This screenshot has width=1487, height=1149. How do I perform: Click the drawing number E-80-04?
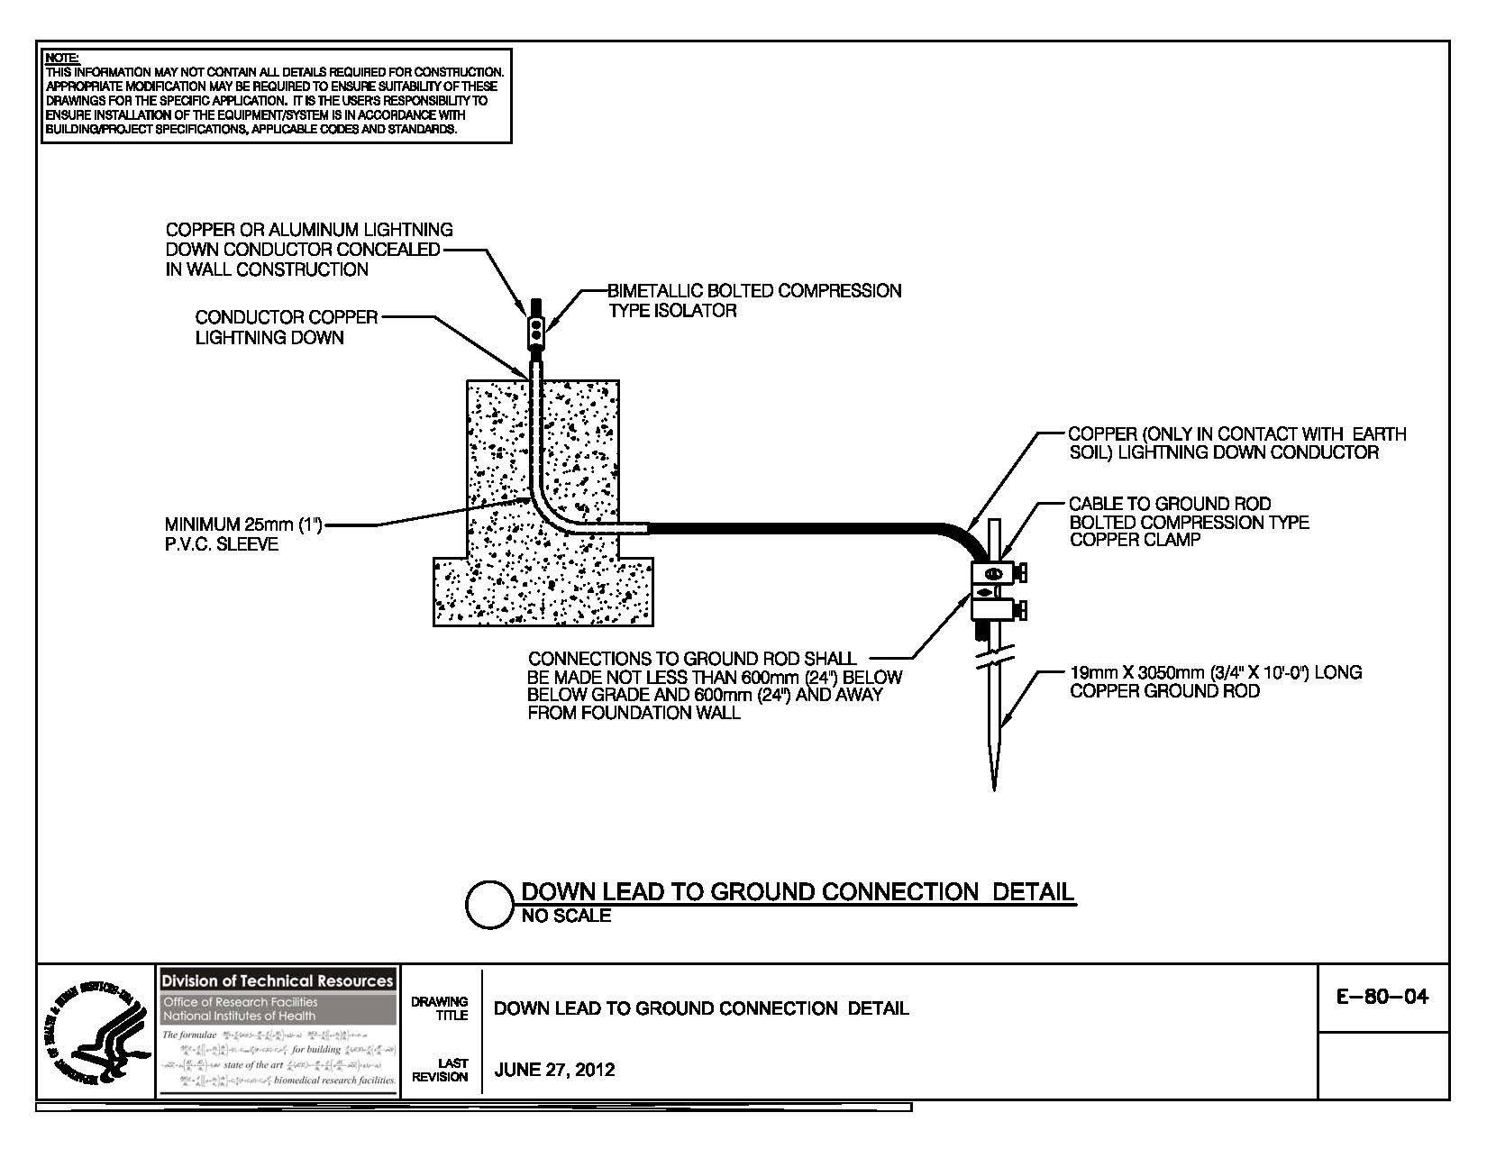(1383, 998)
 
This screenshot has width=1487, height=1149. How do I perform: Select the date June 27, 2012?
(554, 1070)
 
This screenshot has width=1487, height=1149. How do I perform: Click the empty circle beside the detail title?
(489, 904)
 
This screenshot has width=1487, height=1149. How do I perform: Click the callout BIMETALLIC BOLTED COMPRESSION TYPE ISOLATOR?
(753, 300)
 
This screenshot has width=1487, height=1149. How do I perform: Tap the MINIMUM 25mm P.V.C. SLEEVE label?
(243, 533)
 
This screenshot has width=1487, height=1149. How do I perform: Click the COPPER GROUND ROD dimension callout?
(1215, 681)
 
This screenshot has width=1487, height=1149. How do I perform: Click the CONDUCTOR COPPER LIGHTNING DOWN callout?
(286, 327)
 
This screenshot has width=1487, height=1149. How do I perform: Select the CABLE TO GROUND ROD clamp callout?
(1188, 522)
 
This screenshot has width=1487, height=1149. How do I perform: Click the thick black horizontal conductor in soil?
(793, 527)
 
